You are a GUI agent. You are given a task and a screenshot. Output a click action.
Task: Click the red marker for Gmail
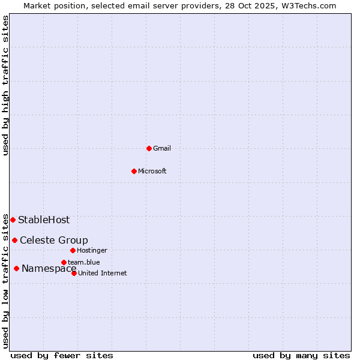click(x=149, y=148)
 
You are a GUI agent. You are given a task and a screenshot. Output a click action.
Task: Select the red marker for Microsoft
click(x=134, y=171)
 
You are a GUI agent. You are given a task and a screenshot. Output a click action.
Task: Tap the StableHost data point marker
click(x=13, y=220)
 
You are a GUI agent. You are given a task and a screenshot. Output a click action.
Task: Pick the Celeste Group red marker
click(x=14, y=241)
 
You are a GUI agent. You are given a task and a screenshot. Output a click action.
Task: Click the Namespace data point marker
click(x=16, y=269)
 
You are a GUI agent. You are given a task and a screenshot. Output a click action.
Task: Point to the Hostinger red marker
click(x=73, y=250)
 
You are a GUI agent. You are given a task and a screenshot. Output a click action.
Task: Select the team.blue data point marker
click(x=64, y=262)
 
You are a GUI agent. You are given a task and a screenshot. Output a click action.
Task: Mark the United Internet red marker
click(x=74, y=273)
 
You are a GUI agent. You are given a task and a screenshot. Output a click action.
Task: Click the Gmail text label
click(x=162, y=148)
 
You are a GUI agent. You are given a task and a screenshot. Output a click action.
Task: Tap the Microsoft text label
click(x=152, y=171)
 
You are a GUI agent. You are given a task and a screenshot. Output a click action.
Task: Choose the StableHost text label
click(x=44, y=220)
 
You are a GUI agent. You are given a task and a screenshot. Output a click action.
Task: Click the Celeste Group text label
click(x=54, y=241)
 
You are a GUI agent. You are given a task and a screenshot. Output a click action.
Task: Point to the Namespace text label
click(x=49, y=269)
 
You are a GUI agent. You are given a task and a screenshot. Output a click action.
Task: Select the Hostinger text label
click(x=92, y=250)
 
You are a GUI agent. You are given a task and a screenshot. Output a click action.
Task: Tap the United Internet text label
click(x=103, y=273)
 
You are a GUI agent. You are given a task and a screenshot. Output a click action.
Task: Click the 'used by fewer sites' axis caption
click(x=62, y=355)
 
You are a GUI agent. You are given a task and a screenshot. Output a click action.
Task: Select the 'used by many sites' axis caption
click(x=301, y=355)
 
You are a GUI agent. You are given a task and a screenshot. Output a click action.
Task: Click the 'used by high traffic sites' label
click(x=5, y=85)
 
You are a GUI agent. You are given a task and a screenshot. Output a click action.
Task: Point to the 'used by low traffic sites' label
click(x=5, y=281)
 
